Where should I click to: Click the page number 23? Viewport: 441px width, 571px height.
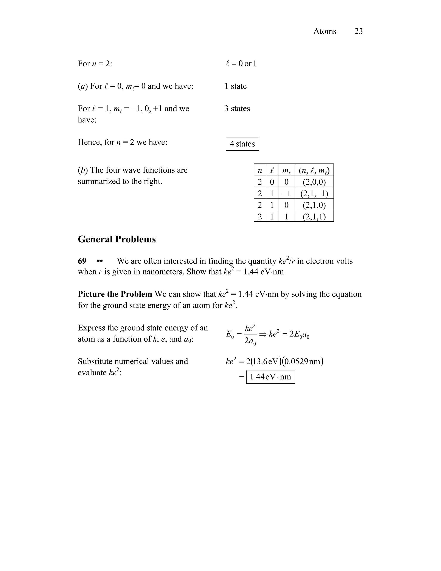point(359,31)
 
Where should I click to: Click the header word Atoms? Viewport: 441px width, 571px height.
point(325,31)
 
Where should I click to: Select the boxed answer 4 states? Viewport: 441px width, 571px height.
point(242,144)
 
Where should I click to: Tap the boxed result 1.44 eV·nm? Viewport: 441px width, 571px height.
point(270,377)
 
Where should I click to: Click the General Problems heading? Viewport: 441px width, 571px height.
point(117,239)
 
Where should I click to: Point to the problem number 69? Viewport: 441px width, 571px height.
point(82,261)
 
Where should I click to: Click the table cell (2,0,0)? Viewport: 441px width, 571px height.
point(314,181)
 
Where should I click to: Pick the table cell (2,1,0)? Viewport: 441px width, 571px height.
point(314,205)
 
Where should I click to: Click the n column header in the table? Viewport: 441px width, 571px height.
point(260,170)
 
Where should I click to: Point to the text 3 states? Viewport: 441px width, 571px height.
point(237,109)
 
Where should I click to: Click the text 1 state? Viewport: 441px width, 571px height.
point(235,86)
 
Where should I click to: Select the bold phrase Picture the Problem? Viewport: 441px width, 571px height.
point(115,294)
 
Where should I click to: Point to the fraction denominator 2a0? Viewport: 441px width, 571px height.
point(250,341)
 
